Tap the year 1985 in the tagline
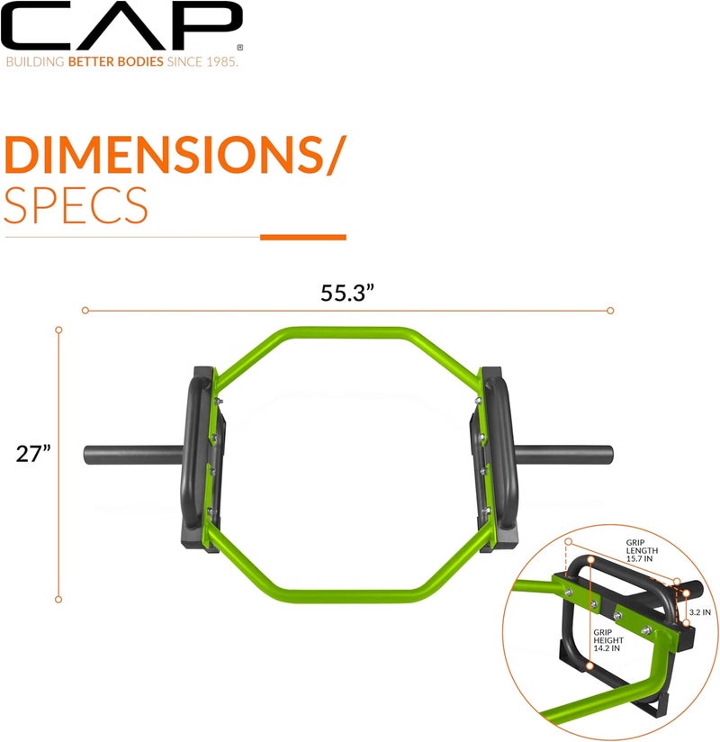pos(220,64)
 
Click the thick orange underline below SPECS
pos(302,237)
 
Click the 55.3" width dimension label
pos(347,293)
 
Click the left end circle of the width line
pos(85,310)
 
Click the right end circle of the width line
pos(610,310)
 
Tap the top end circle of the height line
pos(58,330)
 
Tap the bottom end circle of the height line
pos(58,599)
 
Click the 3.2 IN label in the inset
pos(699,611)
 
